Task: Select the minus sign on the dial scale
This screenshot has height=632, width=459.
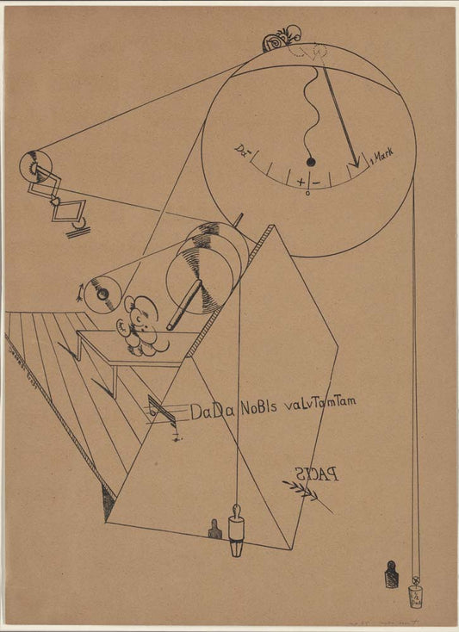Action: [x=315, y=183]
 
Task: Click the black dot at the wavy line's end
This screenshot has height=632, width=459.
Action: [x=311, y=163]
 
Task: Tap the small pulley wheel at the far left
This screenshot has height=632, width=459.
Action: [x=35, y=164]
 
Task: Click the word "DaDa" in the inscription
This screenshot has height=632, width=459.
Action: [x=208, y=412]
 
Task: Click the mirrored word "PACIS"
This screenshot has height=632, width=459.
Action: [x=316, y=473]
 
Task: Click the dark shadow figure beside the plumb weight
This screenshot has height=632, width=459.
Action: [x=214, y=530]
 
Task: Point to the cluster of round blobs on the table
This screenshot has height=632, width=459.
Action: [x=142, y=327]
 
